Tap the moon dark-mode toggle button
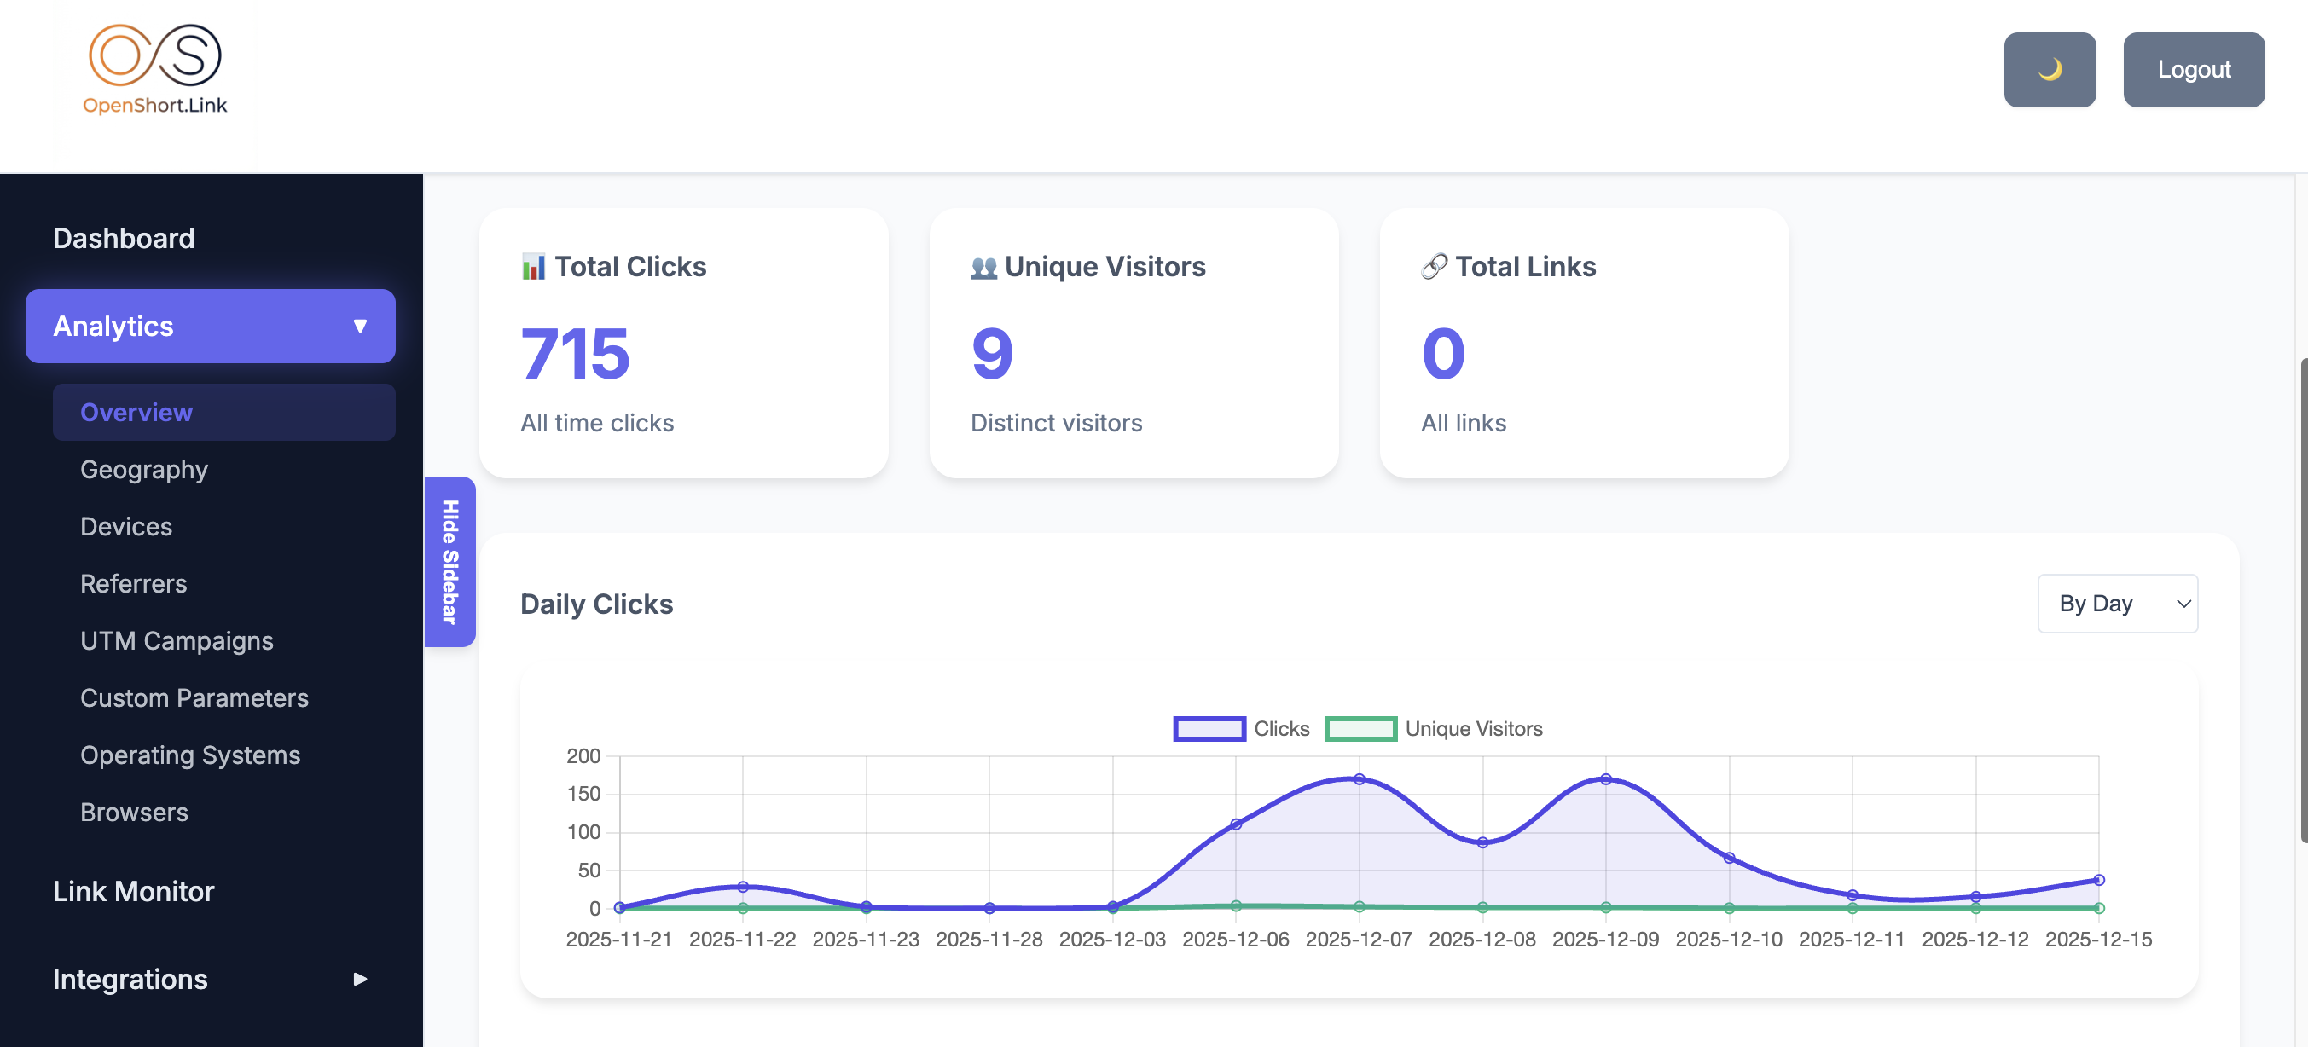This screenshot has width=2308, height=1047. click(x=2049, y=70)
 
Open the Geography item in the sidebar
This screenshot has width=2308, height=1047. click(x=144, y=469)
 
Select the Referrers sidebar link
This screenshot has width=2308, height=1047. click(x=134, y=584)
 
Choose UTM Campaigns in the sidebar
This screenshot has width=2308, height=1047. click(x=177, y=641)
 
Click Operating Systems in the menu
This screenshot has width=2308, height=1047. click(x=190, y=755)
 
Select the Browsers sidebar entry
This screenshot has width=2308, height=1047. click(x=135, y=813)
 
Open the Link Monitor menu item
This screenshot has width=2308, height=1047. click(x=134, y=891)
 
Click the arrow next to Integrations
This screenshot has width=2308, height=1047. click(x=360, y=979)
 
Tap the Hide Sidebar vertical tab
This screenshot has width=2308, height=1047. click(x=449, y=562)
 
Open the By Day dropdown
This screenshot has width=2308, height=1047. click(x=2116, y=604)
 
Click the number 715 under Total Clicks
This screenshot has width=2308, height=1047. click(x=575, y=354)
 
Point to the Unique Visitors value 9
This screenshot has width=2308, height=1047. click(x=992, y=354)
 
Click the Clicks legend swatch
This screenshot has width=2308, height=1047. click(x=1209, y=729)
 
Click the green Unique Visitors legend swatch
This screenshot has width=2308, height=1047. click(x=1360, y=729)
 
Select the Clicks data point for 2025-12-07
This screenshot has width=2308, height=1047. click(x=1360, y=779)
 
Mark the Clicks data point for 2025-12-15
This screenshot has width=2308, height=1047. click(x=2098, y=880)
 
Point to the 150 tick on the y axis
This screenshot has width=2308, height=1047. click(x=583, y=794)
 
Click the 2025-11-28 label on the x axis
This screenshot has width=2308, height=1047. click(x=989, y=940)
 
